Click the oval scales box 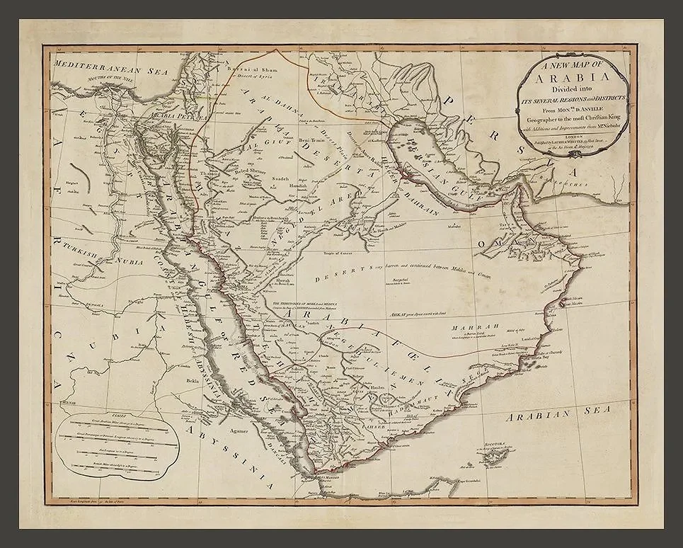113,440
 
